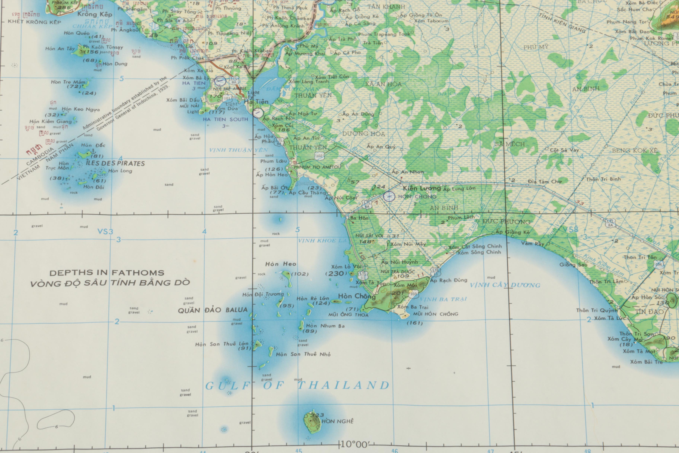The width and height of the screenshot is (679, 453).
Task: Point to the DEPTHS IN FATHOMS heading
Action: point(107,273)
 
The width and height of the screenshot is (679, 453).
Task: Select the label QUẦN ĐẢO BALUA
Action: point(213,310)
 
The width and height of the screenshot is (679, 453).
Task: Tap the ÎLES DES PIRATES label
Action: point(115,163)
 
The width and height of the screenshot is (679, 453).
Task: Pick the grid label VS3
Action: point(105,231)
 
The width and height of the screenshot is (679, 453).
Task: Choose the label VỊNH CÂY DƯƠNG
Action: point(505,285)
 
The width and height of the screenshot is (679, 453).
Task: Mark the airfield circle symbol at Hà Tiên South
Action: point(258,113)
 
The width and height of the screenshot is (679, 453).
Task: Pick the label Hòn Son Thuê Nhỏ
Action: point(303,354)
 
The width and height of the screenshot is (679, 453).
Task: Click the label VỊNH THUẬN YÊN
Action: point(238,150)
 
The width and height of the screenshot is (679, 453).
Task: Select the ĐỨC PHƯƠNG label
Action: point(506,222)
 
